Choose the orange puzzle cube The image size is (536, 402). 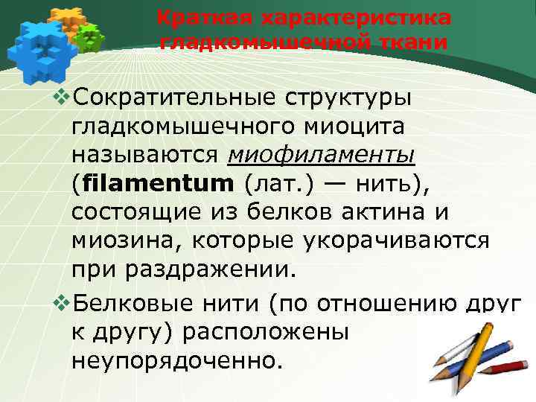66,19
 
